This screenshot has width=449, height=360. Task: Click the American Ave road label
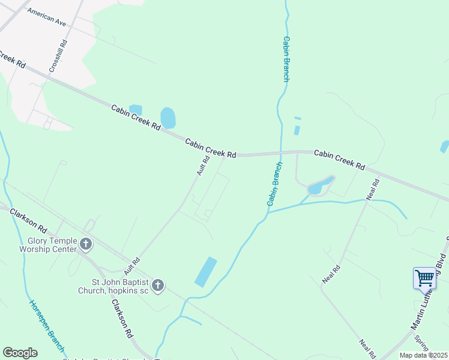click(x=46, y=19)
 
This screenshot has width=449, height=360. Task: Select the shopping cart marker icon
click(x=424, y=279)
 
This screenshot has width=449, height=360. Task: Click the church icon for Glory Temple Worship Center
click(x=86, y=244)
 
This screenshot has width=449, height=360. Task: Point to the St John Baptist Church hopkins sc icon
click(x=158, y=286)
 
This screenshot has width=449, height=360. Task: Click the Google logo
click(x=20, y=353)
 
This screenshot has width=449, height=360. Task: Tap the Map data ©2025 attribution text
click(x=423, y=355)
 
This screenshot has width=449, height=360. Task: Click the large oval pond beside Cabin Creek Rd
click(x=168, y=118)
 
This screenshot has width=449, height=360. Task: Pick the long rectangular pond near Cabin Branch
click(x=205, y=271)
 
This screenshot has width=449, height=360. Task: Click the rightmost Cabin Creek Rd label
click(x=339, y=159)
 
